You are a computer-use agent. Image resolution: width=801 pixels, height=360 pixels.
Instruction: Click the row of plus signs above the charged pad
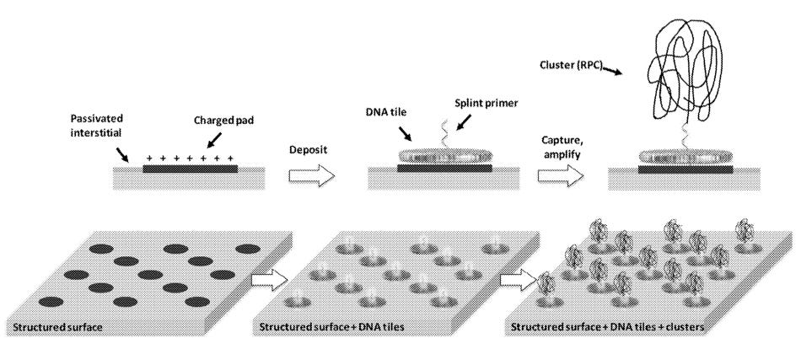pyautogui.click(x=190, y=159)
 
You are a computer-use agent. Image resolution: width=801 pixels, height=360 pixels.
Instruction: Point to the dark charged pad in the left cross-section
pyautogui.click(x=190, y=169)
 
